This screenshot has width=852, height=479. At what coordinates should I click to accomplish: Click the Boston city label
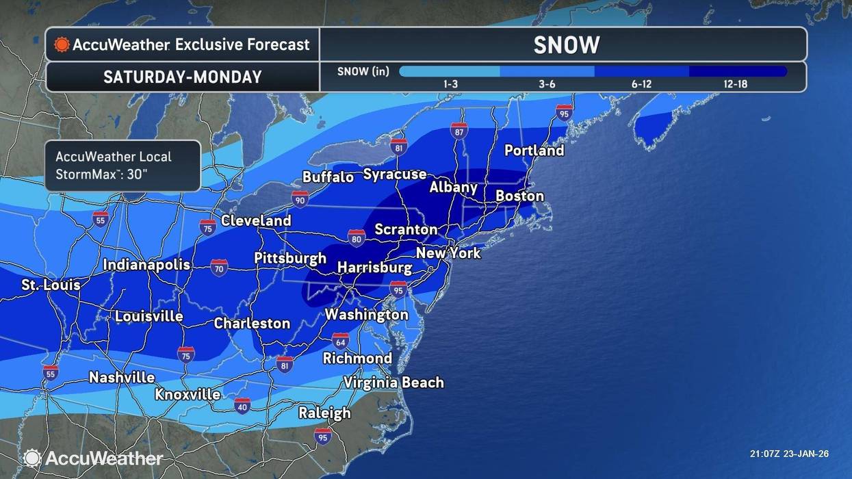519,196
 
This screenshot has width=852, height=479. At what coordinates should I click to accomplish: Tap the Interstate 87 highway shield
459,131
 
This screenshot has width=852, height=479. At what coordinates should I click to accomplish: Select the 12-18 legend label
736,84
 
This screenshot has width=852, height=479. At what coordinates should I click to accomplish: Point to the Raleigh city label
324,413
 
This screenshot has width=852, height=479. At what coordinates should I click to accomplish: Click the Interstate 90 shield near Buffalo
300,199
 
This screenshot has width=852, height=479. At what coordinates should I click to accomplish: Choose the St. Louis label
51,285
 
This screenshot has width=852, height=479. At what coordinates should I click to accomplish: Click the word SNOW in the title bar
566,45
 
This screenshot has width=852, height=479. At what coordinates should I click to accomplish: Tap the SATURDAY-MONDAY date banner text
182,77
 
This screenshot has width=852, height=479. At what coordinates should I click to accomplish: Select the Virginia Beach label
393,383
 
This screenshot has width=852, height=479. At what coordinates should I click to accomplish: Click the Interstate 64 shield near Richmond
341,340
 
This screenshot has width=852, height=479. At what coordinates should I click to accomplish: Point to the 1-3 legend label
450,84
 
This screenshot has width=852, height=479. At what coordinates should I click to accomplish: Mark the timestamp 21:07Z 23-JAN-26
789,454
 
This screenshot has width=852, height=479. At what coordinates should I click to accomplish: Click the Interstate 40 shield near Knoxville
242,405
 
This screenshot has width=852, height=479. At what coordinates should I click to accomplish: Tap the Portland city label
534,150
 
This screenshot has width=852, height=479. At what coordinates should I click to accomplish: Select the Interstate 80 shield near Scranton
356,237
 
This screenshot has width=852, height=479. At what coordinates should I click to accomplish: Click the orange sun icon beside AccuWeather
62,45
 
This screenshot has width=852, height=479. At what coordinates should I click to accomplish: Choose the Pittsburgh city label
290,258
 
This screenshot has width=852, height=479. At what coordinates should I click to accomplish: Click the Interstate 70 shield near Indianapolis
219,267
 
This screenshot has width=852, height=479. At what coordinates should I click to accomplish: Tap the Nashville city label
122,378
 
